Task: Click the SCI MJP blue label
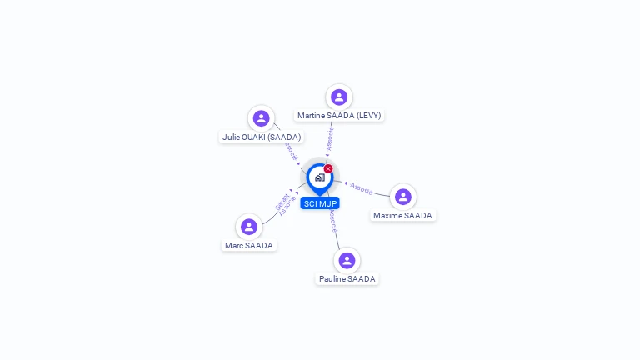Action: coord(320,203)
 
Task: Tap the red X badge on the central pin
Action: coord(328,169)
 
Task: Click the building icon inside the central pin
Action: coord(319,177)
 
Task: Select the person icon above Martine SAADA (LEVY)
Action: coord(339,97)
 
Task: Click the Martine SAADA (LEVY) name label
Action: coord(339,116)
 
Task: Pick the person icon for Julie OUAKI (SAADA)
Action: coord(262,118)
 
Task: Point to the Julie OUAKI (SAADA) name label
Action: coord(262,137)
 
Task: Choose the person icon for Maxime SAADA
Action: coord(403,197)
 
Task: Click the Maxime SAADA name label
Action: coord(403,215)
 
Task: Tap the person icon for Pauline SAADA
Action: coord(347,260)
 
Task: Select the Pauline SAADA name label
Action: coord(347,278)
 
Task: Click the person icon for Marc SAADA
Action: coord(249,227)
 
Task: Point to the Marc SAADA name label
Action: coord(249,245)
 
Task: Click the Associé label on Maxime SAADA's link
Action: coord(362,188)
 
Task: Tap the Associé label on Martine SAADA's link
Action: coord(331,138)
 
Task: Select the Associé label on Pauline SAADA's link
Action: coord(333,221)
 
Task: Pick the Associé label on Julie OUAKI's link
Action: coord(290,150)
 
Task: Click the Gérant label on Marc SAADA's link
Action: coord(280,202)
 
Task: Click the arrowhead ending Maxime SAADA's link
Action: coord(346,182)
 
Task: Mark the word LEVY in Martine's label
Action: coord(368,116)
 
